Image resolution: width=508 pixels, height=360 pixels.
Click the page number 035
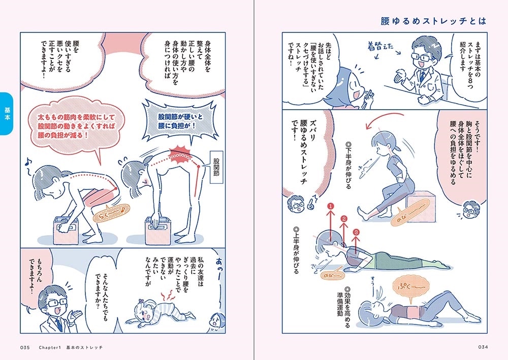tap(26, 347)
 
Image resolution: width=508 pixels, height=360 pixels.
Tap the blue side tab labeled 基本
tap(8, 114)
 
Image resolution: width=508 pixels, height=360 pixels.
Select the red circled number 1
tap(331, 207)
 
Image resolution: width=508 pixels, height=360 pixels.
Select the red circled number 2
tap(344, 219)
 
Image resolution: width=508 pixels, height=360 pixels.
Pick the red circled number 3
tap(357, 232)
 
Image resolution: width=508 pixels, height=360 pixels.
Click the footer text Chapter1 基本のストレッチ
tap(71, 347)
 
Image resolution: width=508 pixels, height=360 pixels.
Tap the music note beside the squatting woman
tap(27, 163)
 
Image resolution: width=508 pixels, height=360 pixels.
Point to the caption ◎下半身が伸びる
tap(348, 165)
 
